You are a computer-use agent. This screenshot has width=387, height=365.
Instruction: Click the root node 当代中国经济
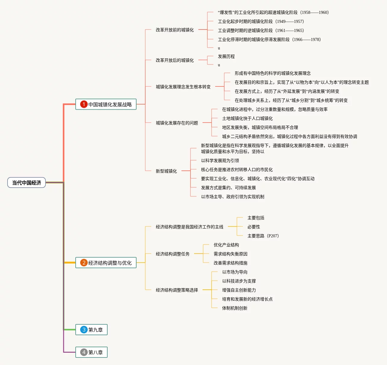[x=27, y=183]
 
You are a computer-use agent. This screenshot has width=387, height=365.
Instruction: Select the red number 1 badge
[x=84, y=104]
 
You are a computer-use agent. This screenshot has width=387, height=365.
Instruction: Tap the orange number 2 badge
[x=84, y=263]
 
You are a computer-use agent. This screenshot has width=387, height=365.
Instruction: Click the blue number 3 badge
[x=84, y=329]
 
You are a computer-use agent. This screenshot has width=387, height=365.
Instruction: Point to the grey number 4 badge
[x=84, y=352]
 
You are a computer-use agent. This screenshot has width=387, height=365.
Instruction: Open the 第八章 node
[x=96, y=352]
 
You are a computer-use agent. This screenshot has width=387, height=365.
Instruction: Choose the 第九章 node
[x=96, y=330]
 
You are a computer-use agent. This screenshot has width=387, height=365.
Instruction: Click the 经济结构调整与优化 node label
[x=110, y=263]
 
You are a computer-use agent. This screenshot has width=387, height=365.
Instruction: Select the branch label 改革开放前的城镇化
[x=175, y=30]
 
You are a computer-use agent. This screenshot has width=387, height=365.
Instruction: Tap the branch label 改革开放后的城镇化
[x=175, y=60]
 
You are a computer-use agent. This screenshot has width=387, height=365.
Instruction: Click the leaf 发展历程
[x=226, y=56]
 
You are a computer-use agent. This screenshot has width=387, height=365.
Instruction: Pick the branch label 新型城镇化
[x=166, y=171]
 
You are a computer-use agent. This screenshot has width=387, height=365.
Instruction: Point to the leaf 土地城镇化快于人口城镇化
[x=247, y=118]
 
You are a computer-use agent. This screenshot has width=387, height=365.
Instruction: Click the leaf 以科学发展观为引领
[x=220, y=161]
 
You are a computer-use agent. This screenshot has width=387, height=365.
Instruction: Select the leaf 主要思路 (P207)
[x=263, y=236]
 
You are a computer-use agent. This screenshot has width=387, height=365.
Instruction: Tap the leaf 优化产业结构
[x=226, y=245]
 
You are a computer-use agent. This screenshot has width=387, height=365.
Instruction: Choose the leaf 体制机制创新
[x=235, y=308]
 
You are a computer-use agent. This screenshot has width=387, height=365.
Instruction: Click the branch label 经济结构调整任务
[x=173, y=254]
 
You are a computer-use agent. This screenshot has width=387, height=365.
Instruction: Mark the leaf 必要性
[x=254, y=227]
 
